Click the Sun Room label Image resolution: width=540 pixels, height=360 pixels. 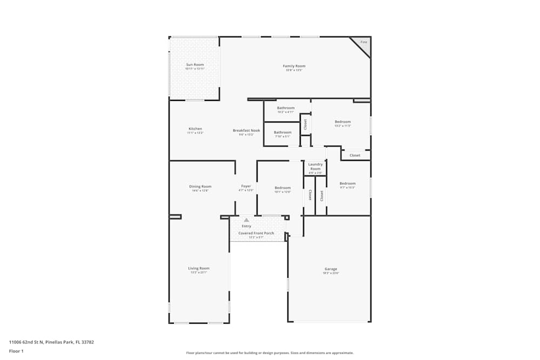click(194, 65)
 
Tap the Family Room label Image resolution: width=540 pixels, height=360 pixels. click(294, 66)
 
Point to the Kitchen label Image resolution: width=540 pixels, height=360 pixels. click(195, 129)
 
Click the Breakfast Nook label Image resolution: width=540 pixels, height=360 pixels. click(246, 131)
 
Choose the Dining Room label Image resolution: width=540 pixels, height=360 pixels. click(200, 187)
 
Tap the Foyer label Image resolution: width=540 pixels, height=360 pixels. click(246, 187)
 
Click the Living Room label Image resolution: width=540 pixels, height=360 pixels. click(198, 268)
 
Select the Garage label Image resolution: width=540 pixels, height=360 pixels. click(330, 269)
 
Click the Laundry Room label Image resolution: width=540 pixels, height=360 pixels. click(315, 167)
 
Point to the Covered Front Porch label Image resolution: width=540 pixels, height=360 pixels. click(256, 233)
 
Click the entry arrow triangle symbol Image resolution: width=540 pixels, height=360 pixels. click(246, 220)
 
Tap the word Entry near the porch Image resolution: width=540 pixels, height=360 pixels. click(246, 226)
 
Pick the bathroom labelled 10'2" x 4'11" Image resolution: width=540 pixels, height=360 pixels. click(286, 108)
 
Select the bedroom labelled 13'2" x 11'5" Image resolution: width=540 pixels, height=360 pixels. click(342, 122)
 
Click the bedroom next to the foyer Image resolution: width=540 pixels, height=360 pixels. click(282, 188)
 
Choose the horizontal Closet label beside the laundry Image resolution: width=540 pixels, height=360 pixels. click(355, 155)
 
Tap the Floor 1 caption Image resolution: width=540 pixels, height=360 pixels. click(16, 351)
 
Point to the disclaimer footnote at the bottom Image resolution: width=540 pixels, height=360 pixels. click(269, 353)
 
